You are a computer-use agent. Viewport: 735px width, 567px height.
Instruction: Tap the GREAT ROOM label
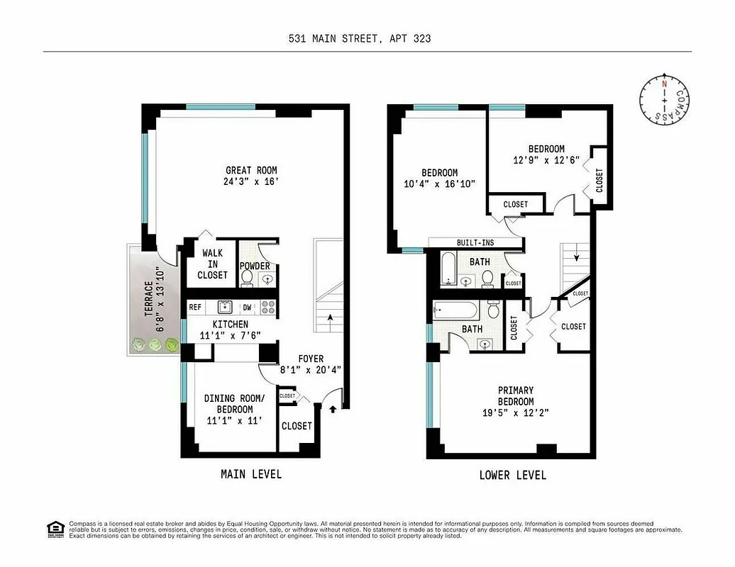click(251, 170)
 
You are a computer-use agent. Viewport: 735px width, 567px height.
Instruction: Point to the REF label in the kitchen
click(195, 308)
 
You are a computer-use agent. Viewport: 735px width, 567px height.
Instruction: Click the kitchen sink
click(225, 307)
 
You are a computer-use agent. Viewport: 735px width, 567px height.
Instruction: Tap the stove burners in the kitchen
click(268, 308)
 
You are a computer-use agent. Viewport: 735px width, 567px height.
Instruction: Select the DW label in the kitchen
click(247, 308)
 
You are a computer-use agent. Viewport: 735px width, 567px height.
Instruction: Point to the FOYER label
click(311, 359)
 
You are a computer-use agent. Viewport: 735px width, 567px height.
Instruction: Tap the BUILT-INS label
click(475, 243)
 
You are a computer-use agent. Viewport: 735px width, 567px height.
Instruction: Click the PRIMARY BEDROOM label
click(516, 396)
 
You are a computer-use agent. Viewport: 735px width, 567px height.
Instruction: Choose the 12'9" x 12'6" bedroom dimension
click(546, 160)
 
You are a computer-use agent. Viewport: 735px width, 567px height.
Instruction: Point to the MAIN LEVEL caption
click(251, 474)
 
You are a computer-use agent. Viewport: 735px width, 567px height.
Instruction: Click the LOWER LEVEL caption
click(513, 476)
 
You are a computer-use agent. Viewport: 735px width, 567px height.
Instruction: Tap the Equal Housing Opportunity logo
click(55, 529)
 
